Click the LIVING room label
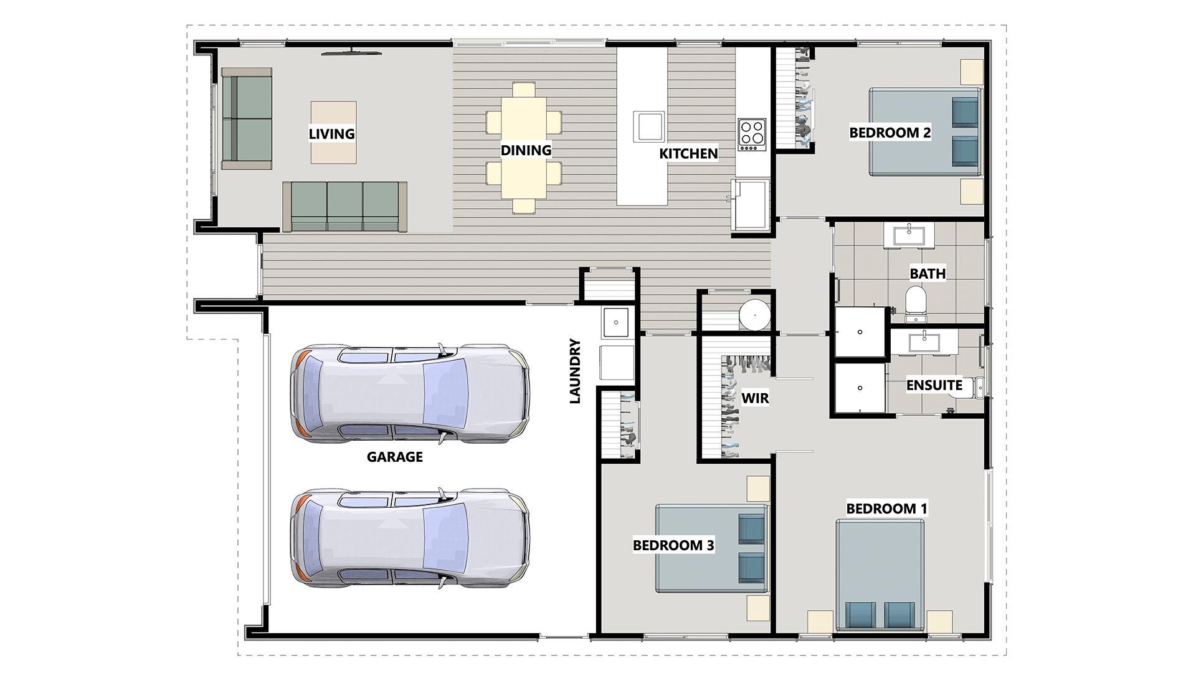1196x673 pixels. coord(332,134)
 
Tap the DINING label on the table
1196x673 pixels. coord(526,150)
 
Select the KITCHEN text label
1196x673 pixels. coord(688,153)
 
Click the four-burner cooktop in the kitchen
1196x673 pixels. coord(752,135)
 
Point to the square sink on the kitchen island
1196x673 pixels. coord(648,126)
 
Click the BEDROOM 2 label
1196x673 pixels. coord(890,133)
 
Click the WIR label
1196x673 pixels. coord(755,398)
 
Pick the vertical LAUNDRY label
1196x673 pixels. coord(575,371)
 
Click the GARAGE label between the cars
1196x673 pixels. coord(395,457)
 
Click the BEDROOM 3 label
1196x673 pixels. coord(673,546)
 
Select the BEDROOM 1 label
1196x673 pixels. coord(886,508)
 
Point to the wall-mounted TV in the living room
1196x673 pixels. coord(352,54)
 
